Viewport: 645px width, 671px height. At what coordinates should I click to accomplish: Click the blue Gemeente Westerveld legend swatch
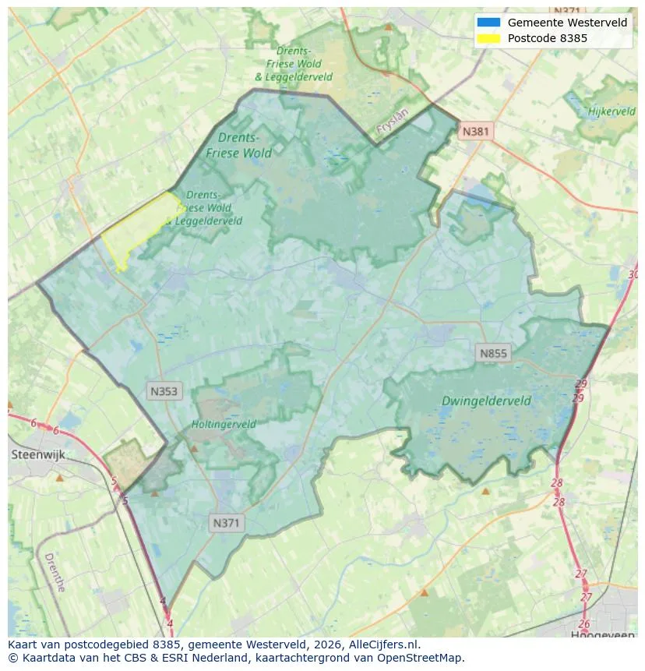(488, 23)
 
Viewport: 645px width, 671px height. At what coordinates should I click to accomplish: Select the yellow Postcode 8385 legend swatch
(488, 37)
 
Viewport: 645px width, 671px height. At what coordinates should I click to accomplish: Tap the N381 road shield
(475, 131)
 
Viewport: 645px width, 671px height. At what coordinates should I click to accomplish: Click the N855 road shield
(493, 353)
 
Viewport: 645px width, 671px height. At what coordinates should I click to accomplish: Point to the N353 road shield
(164, 391)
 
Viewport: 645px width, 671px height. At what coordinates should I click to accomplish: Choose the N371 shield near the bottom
(227, 523)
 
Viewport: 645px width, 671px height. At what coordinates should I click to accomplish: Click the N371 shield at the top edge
(566, 10)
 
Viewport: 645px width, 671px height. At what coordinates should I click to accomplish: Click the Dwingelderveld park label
(486, 401)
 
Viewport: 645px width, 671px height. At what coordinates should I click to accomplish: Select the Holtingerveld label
(224, 425)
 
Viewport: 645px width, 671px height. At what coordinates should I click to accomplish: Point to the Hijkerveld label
(612, 111)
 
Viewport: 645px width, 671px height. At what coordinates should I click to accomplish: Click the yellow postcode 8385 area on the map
(137, 229)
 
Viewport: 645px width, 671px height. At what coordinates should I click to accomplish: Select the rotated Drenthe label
(55, 572)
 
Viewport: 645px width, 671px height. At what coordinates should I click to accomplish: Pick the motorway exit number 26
(584, 624)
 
